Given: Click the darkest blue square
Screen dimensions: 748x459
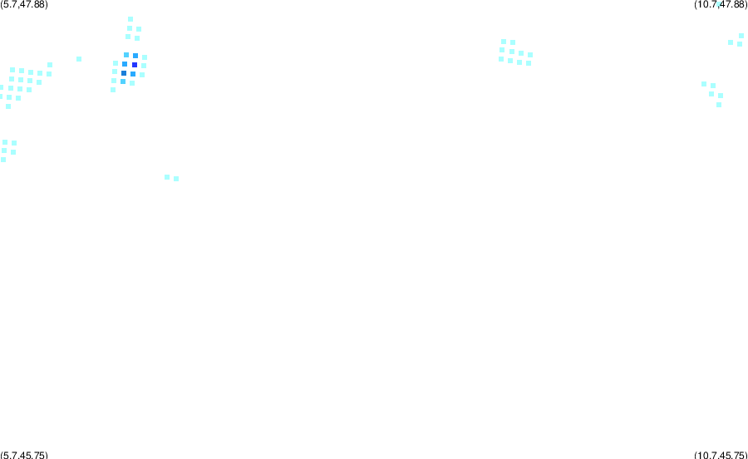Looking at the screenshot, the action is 135,65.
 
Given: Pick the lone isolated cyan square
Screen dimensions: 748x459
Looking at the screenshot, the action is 79,59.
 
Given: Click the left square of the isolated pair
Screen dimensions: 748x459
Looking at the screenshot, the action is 167,177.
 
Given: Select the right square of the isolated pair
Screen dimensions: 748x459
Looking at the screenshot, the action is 176,179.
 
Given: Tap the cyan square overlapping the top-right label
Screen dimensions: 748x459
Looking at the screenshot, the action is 718,4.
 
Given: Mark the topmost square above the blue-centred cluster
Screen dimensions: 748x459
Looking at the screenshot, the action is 130,19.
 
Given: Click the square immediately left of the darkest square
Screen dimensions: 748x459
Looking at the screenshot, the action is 125,64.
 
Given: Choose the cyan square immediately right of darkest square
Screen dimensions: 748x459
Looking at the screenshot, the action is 144,66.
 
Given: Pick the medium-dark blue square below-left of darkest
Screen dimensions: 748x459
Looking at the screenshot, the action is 124,73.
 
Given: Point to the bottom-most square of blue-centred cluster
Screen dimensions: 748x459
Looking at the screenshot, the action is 113,90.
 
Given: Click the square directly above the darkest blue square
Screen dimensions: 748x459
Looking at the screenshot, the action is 135,56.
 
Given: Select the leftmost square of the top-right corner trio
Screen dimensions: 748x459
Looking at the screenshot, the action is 731,42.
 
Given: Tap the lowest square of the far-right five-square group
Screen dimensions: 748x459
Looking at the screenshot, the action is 719,105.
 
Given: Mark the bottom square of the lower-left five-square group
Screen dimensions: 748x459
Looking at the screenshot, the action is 3,160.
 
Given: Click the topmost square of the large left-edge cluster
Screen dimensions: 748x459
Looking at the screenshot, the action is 50,65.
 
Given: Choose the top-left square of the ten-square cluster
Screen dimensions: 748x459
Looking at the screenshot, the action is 504,42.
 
